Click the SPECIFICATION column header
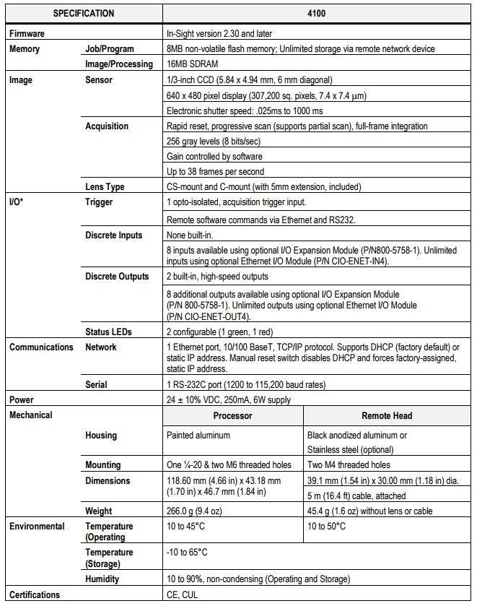click(x=84, y=14)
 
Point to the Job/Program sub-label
click(x=110, y=49)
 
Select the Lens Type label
click(x=105, y=187)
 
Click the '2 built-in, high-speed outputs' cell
click(x=217, y=277)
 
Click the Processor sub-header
click(x=232, y=416)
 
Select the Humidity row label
click(x=102, y=579)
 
